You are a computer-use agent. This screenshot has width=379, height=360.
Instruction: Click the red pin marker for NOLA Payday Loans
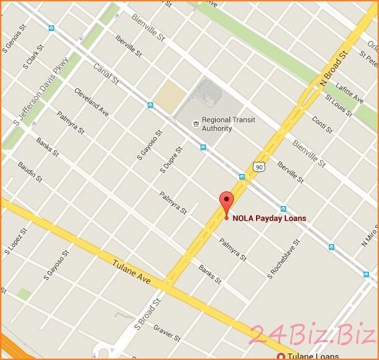pos(227,203)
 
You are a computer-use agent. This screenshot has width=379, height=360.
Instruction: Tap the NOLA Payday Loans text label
pos(269,218)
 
